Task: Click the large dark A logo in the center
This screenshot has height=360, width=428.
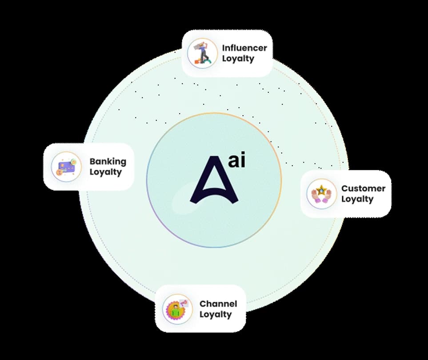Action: (214, 180)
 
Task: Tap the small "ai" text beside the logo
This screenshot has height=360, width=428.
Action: (236, 160)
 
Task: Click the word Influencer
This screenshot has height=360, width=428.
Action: (244, 48)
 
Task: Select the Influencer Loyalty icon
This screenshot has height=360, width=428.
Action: (202, 53)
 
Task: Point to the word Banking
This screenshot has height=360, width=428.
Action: (108, 161)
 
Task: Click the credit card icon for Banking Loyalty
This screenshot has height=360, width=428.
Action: (66, 167)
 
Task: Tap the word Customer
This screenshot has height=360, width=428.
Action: (363, 188)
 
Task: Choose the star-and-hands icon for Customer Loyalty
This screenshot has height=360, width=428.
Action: (321, 194)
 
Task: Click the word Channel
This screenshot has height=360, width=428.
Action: (218, 304)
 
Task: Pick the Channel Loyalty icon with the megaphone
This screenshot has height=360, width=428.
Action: (177, 309)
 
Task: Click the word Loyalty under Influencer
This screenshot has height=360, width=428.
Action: (238, 59)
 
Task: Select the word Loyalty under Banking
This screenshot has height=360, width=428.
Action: (106, 172)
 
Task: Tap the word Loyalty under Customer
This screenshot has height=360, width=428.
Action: (357, 199)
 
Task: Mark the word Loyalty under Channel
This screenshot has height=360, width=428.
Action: (216, 314)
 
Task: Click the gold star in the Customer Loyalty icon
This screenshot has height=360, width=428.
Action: (321, 190)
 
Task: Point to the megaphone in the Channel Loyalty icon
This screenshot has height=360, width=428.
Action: (184, 303)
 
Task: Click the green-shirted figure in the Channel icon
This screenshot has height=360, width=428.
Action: (176, 311)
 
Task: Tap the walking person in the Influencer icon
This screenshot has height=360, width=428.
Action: (203, 53)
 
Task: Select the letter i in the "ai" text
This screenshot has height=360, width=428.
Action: (243, 160)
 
